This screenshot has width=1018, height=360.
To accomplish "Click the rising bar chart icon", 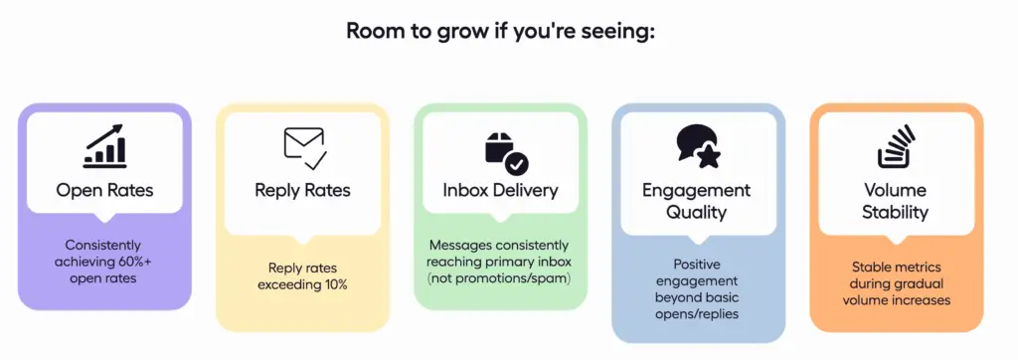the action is [x=104, y=147].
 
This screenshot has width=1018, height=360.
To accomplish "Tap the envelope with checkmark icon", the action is [x=305, y=149].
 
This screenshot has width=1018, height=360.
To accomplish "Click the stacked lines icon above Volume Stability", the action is [x=896, y=147].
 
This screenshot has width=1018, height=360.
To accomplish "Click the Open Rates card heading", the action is [x=104, y=190].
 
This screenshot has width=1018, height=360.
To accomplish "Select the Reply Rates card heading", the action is [x=302, y=190].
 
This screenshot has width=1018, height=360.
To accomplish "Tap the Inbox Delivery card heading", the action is [x=501, y=190].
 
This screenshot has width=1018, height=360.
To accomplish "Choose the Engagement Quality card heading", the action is [x=697, y=201].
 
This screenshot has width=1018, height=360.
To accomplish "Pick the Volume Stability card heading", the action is [x=896, y=201].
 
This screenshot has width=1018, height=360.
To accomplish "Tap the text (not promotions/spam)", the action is [x=500, y=278].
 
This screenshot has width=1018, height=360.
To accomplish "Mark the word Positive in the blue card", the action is [x=697, y=266].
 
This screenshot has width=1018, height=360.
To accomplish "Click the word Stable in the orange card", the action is [x=870, y=268].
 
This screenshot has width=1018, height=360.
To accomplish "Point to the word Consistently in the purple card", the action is [x=103, y=246].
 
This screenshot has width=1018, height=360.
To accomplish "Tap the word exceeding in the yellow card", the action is [x=287, y=285].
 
